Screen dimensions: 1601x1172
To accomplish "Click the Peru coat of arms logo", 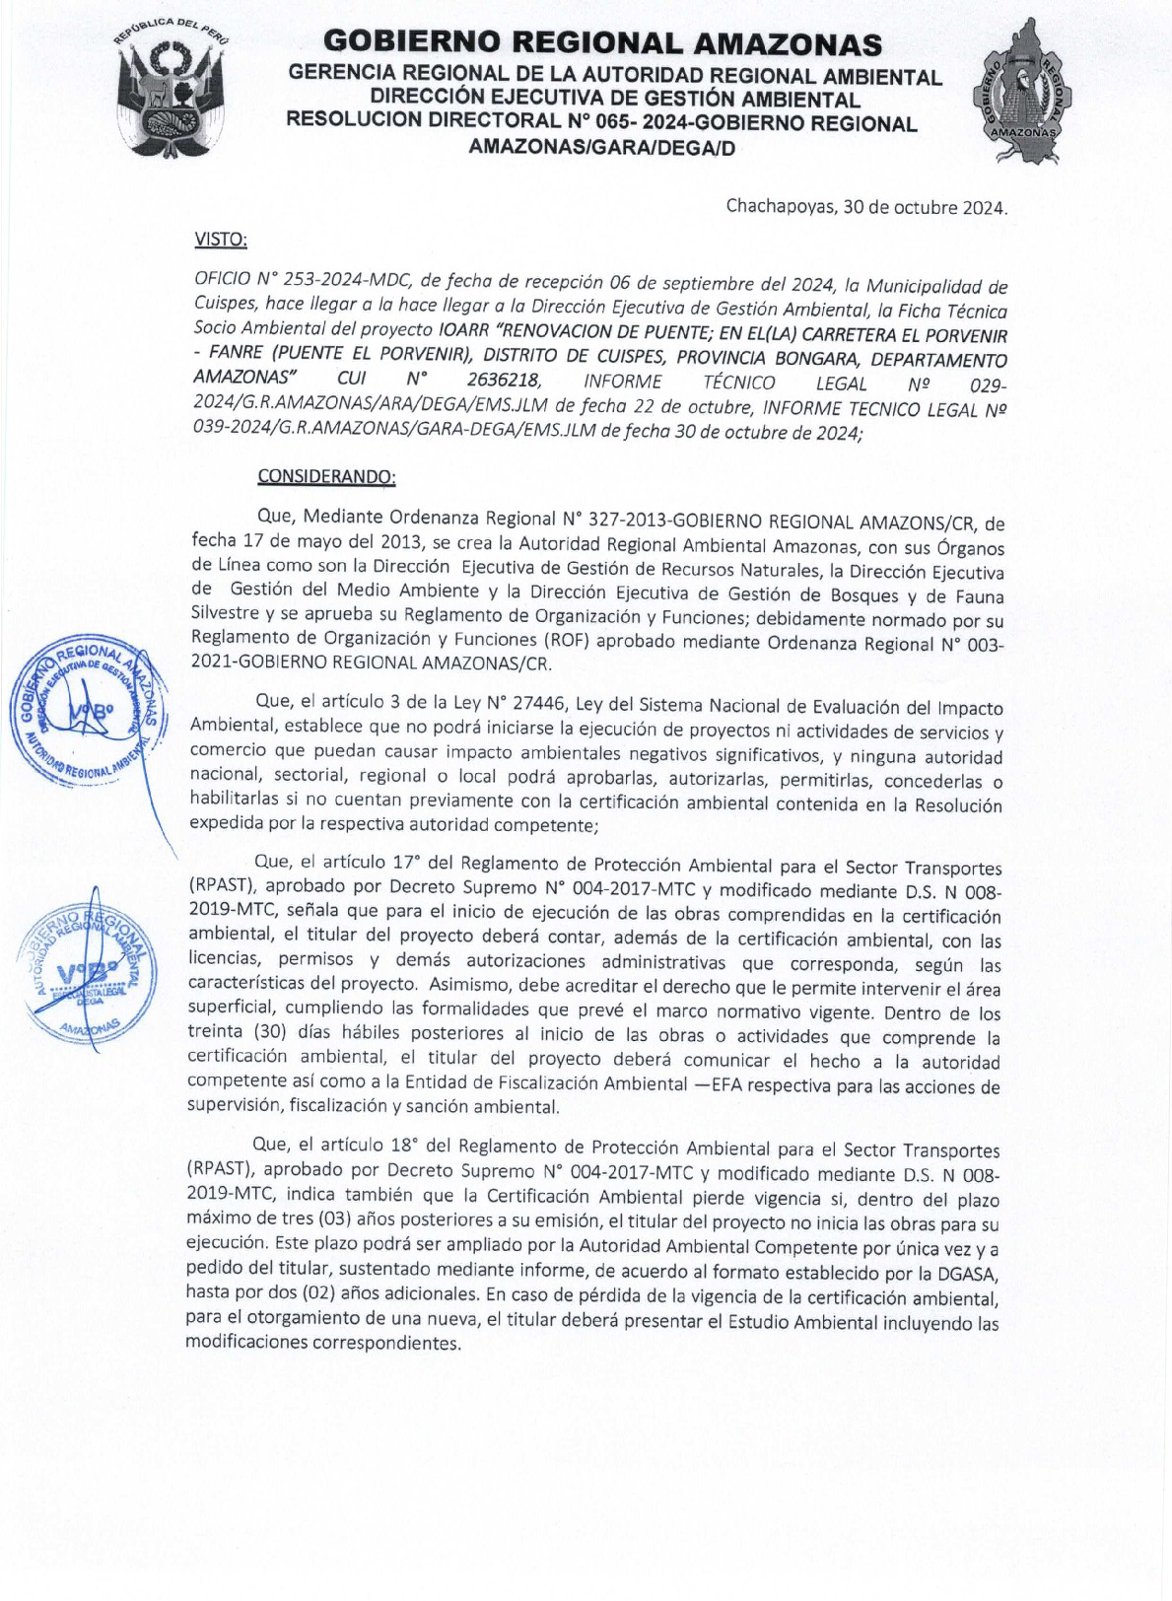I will [x=171, y=96].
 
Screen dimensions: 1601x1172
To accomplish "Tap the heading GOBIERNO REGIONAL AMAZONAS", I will [x=602, y=44].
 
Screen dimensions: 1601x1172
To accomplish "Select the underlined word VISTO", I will [x=221, y=240].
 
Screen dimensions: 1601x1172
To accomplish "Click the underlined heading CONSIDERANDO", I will [x=326, y=476].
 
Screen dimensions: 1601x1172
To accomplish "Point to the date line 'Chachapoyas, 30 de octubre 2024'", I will [x=866, y=208].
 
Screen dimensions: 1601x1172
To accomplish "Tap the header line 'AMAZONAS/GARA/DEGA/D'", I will [x=601, y=149].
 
